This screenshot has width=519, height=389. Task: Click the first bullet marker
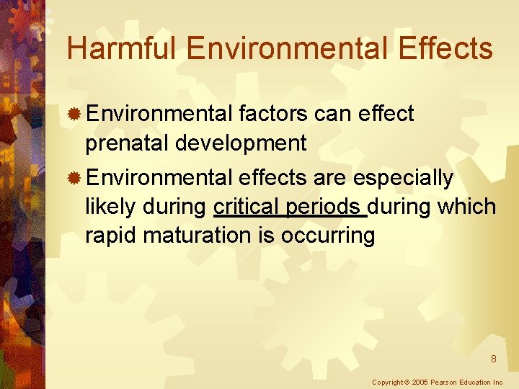[x=74, y=115]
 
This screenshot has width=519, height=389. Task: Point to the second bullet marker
[x=74, y=178]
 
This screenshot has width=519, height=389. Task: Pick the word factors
[x=275, y=114]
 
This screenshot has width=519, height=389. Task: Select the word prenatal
[x=128, y=143]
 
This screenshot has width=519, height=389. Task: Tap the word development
[x=241, y=143]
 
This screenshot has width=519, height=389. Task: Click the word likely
[x=110, y=207]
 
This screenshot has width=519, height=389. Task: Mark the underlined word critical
[x=247, y=207]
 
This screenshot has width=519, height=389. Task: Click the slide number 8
[x=493, y=359]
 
